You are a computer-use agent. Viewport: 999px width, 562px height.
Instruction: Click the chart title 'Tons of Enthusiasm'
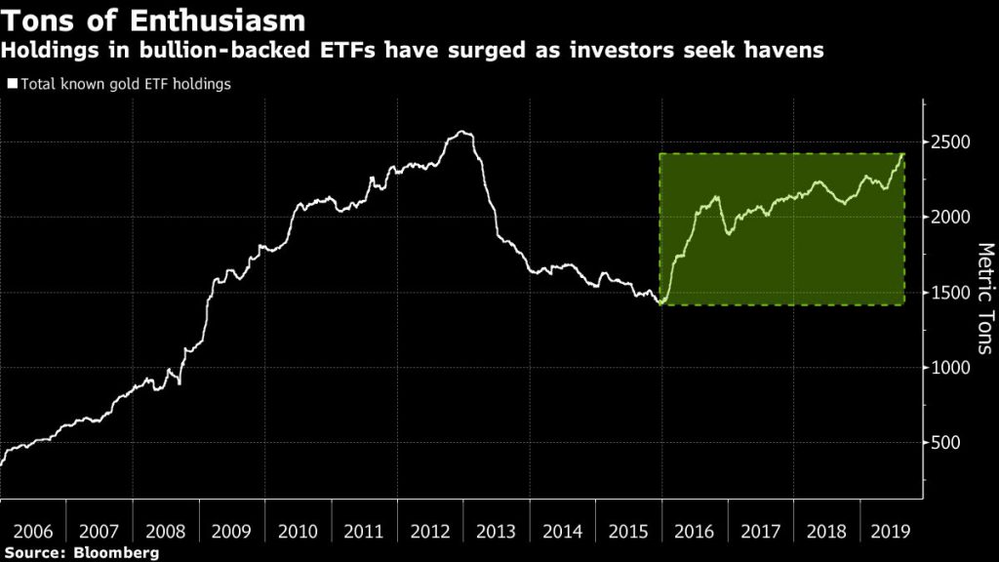[x=154, y=20]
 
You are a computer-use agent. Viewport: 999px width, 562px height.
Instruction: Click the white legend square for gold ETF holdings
[x=12, y=84]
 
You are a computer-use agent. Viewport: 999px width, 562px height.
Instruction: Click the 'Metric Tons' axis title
[x=983, y=299]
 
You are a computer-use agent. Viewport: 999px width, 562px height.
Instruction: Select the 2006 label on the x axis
[x=33, y=533]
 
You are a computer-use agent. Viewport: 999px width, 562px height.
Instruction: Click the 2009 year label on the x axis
[x=231, y=533]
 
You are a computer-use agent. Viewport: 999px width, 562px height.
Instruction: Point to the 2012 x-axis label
[x=430, y=533]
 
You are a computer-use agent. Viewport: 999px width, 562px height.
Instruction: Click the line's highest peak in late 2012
[x=462, y=133]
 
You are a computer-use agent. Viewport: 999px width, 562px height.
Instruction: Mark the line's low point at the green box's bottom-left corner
[x=661, y=304]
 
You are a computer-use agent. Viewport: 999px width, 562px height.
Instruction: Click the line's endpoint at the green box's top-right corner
[x=903, y=153]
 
